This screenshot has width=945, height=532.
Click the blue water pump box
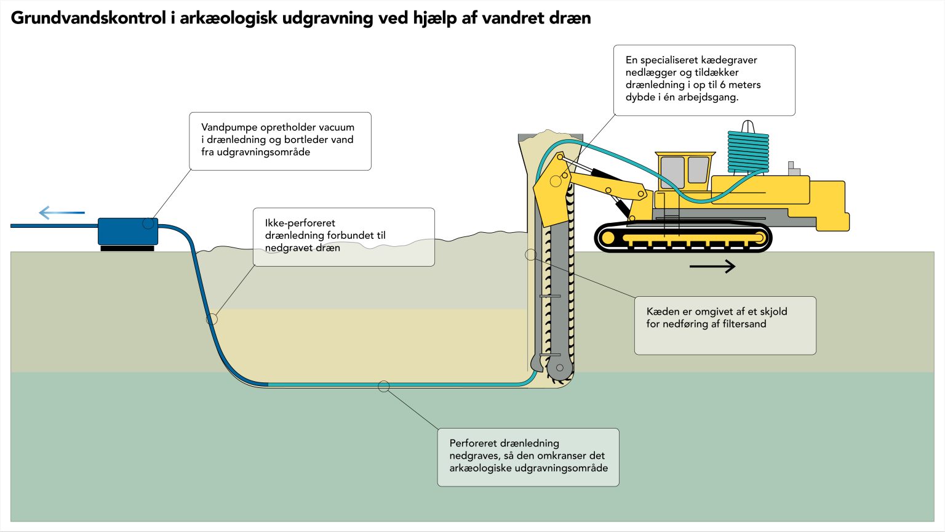click(x=127, y=232)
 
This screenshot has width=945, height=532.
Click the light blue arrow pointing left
click(x=62, y=213)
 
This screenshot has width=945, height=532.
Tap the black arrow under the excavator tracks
click(x=712, y=266)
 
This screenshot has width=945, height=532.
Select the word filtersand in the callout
click(x=744, y=324)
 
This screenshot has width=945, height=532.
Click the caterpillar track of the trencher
click(x=683, y=238)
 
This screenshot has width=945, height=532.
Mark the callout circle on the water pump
click(x=148, y=224)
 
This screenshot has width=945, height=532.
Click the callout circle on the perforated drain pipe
click(x=384, y=387)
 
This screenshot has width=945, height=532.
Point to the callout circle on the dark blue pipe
click(x=212, y=319)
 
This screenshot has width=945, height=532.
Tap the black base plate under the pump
click(x=127, y=248)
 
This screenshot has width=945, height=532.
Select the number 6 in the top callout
click(x=723, y=85)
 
